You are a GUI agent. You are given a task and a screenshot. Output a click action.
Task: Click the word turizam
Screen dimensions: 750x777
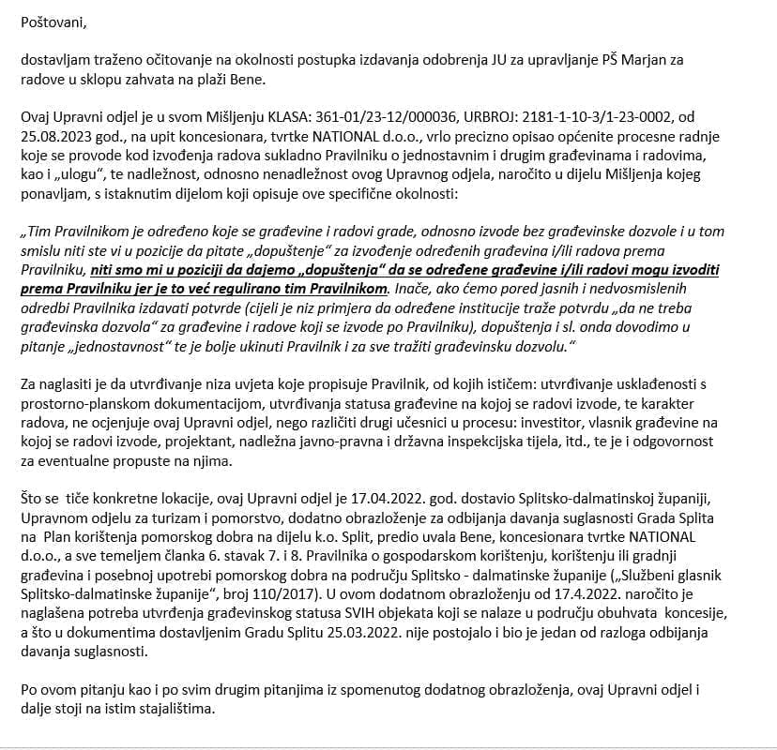click(170, 518)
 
